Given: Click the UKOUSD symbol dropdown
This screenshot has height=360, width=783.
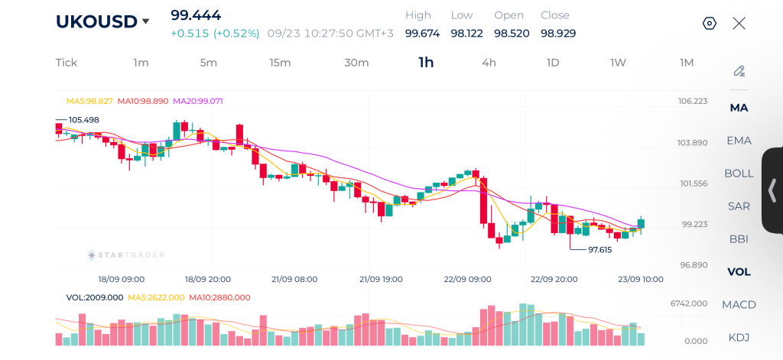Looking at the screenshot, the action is [103, 21].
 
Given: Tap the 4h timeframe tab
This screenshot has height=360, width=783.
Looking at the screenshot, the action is [489, 63].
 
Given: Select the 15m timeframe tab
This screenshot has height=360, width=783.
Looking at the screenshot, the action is [280, 63].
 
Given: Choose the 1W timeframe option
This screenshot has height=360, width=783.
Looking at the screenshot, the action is [618, 63].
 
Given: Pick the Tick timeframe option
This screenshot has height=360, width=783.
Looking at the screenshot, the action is [67, 63].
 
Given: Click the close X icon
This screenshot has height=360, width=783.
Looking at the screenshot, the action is [739, 24].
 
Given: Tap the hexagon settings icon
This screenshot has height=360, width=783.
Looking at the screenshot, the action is [709, 24].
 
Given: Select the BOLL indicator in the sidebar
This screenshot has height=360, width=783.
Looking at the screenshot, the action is [739, 174].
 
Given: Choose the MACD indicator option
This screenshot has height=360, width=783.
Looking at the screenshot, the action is [739, 304].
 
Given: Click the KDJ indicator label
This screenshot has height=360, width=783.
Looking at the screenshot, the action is [739, 338].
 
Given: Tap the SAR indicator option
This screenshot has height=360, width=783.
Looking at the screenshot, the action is [739, 206].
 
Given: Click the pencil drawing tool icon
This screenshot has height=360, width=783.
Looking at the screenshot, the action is [739, 71].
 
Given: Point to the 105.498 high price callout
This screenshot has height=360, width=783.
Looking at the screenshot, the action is [83, 120].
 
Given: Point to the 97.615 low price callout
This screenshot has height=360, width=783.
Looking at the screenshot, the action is [599, 250].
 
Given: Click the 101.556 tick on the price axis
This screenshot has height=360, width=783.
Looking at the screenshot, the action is [693, 183].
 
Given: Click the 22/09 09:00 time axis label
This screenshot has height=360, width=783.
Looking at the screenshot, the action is [467, 280].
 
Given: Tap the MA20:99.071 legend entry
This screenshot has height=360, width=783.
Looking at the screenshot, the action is [198, 102].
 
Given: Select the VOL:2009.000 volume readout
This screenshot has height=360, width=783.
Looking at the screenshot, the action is [94, 297].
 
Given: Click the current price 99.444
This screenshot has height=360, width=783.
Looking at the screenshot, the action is [196, 15].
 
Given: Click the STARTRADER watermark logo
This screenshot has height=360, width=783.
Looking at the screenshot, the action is [126, 255].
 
